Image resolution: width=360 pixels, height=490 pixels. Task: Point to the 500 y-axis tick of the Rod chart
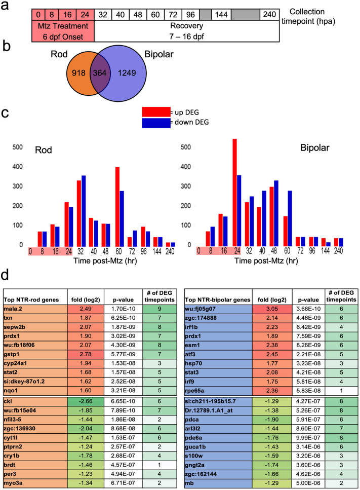click(x=17, y=147)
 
